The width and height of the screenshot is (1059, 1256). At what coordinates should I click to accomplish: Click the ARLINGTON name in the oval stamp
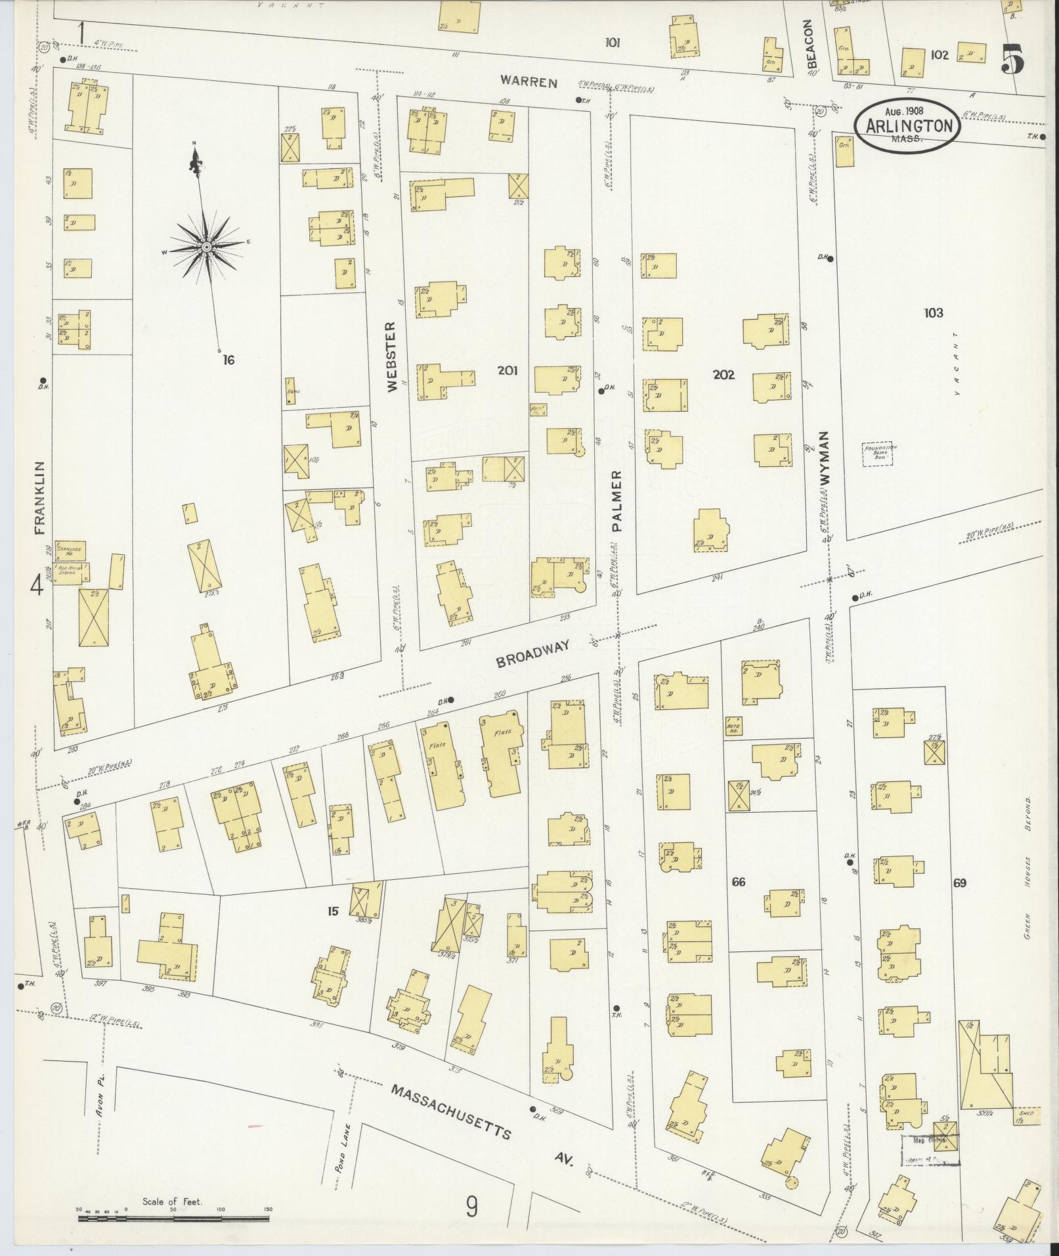(909, 125)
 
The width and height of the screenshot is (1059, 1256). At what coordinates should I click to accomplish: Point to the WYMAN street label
(825, 458)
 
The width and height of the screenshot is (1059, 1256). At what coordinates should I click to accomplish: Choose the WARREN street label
(528, 82)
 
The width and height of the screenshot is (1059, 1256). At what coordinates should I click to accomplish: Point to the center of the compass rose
(206, 246)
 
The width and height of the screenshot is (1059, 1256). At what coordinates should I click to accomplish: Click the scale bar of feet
(173, 1218)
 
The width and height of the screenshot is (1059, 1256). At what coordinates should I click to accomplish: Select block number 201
(507, 370)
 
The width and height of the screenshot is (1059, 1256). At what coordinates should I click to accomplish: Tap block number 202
(723, 374)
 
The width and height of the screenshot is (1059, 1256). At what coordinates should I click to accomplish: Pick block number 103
(933, 313)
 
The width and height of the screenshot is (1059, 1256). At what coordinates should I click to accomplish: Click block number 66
(739, 881)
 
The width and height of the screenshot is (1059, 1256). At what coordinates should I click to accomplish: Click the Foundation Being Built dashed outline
(880, 454)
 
